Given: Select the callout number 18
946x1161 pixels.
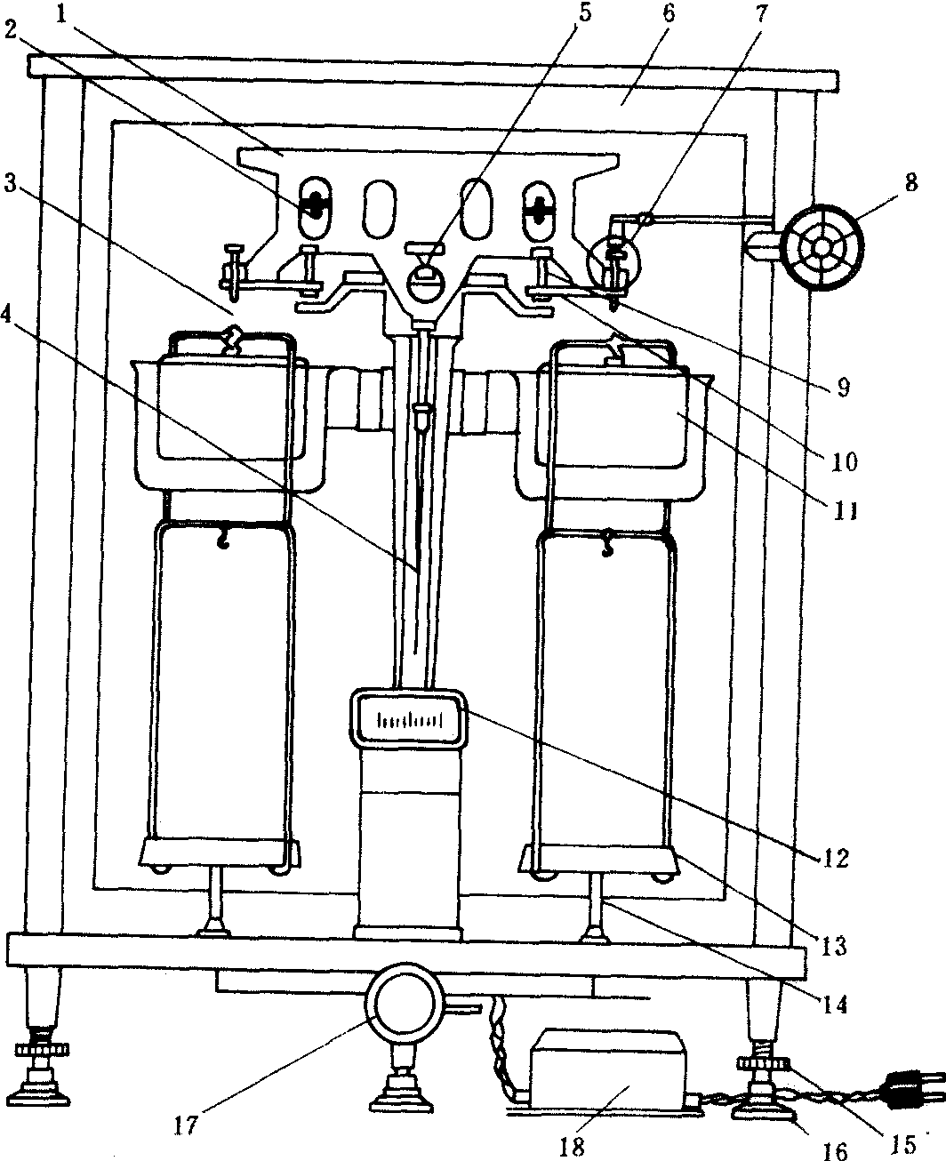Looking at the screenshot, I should [573, 1145].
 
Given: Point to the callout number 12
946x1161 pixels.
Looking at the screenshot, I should [837, 859].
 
